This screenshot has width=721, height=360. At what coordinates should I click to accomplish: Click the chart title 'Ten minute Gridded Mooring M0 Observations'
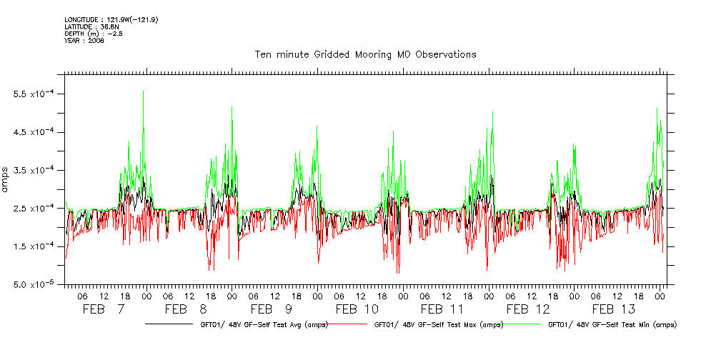(365, 55)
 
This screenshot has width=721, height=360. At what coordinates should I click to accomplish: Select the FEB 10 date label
(358, 309)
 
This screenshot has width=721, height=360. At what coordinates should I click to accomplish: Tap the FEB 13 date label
(614, 309)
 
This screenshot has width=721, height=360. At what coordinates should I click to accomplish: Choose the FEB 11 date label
(443, 309)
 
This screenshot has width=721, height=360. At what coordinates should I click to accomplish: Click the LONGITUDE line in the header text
(111, 19)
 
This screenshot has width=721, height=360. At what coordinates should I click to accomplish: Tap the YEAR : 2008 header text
(84, 41)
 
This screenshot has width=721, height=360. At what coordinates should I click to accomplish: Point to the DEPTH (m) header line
(90, 34)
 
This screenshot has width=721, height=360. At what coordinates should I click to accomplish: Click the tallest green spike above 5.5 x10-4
(144, 92)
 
